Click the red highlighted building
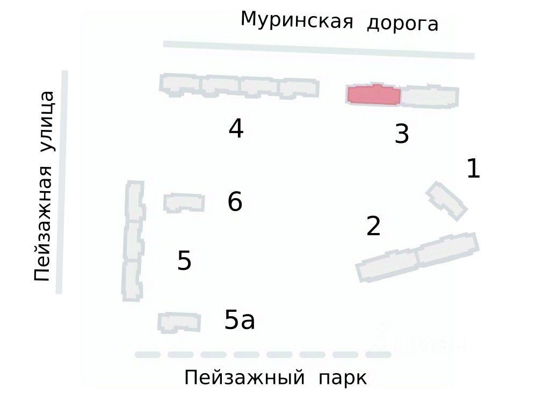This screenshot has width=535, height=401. [x=374, y=95]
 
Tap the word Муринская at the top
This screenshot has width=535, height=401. [x=297, y=20]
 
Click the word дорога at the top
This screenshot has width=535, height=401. [x=402, y=24]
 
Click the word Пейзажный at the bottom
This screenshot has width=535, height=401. [x=244, y=378]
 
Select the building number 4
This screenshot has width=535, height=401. [x=236, y=129]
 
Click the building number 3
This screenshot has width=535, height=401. [x=402, y=134]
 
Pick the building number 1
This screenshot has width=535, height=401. [x=473, y=169]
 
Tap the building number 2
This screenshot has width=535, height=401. [x=373, y=226]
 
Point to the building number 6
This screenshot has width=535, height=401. [x=235, y=202]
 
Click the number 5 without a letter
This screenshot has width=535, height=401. [x=184, y=261]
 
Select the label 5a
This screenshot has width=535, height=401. [x=240, y=320]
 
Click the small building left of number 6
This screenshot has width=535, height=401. [x=184, y=202]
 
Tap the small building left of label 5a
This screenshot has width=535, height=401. [x=179, y=322]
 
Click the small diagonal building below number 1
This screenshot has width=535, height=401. [x=446, y=201]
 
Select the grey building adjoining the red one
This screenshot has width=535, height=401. [x=430, y=96]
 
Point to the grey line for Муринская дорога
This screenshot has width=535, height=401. [x=319, y=49]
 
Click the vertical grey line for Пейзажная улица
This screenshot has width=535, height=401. [x=62, y=183]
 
